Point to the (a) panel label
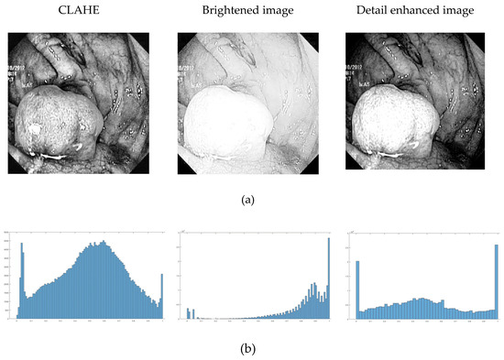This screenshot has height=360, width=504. tap(252, 196)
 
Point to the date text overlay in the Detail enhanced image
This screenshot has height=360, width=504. tap(356, 68)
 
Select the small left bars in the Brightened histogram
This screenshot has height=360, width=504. tap(190, 314)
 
